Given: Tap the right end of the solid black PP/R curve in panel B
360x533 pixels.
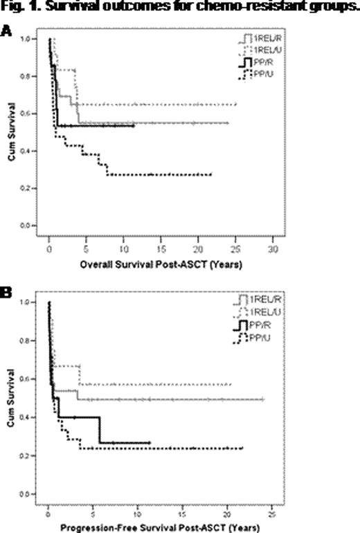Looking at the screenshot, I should pyautogui.click(x=150, y=443).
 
